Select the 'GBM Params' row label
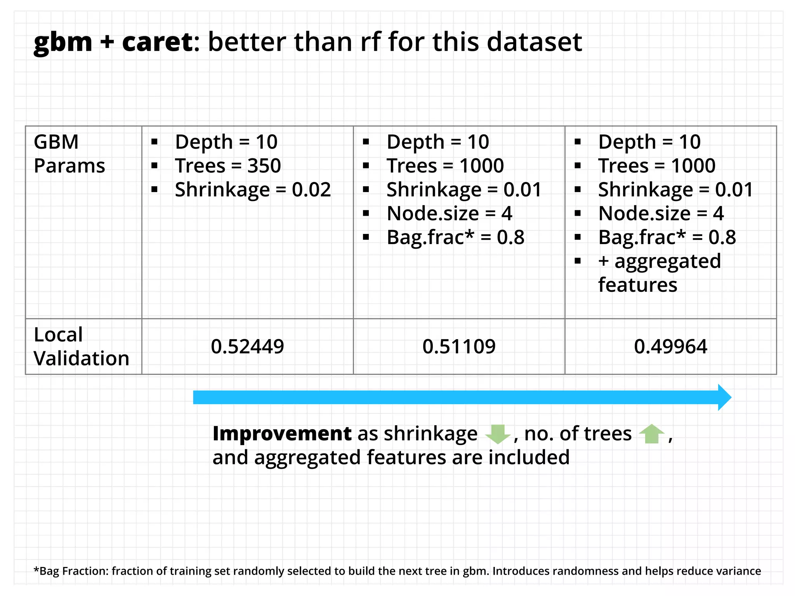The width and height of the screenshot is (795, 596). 69,154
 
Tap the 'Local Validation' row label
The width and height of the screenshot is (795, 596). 81,346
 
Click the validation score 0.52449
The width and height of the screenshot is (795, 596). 247,347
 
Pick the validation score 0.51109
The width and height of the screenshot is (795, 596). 459,347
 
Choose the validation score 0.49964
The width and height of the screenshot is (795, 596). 670,347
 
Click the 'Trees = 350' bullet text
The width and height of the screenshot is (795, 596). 228,166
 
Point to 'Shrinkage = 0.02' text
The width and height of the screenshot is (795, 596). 253,190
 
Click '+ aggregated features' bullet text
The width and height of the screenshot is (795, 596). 659,273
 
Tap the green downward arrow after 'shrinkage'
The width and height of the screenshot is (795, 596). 498,434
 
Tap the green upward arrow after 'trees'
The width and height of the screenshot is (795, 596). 652,434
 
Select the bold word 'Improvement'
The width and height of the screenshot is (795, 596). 282,433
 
